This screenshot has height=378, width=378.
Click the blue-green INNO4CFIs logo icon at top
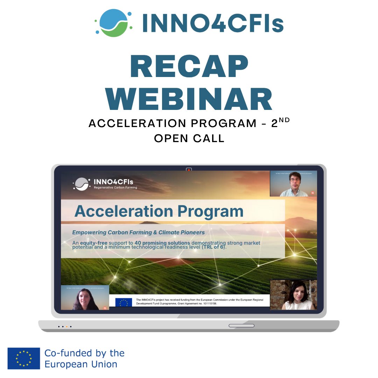coord(114,23)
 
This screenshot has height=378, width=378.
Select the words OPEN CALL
coord(189,138)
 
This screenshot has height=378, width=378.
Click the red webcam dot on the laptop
coord(189,170)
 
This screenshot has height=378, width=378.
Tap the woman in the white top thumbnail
coord(293,296)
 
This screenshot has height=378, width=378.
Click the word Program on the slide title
coord(210,211)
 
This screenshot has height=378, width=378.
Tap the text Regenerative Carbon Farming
coord(115,188)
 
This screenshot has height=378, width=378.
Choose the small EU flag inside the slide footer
coord(124,302)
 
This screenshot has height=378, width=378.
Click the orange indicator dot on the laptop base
coord(66,327)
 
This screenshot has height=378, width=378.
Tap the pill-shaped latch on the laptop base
coord(241,326)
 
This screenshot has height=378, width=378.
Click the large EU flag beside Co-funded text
coord(24,358)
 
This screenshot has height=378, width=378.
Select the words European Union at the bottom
coord(80,364)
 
